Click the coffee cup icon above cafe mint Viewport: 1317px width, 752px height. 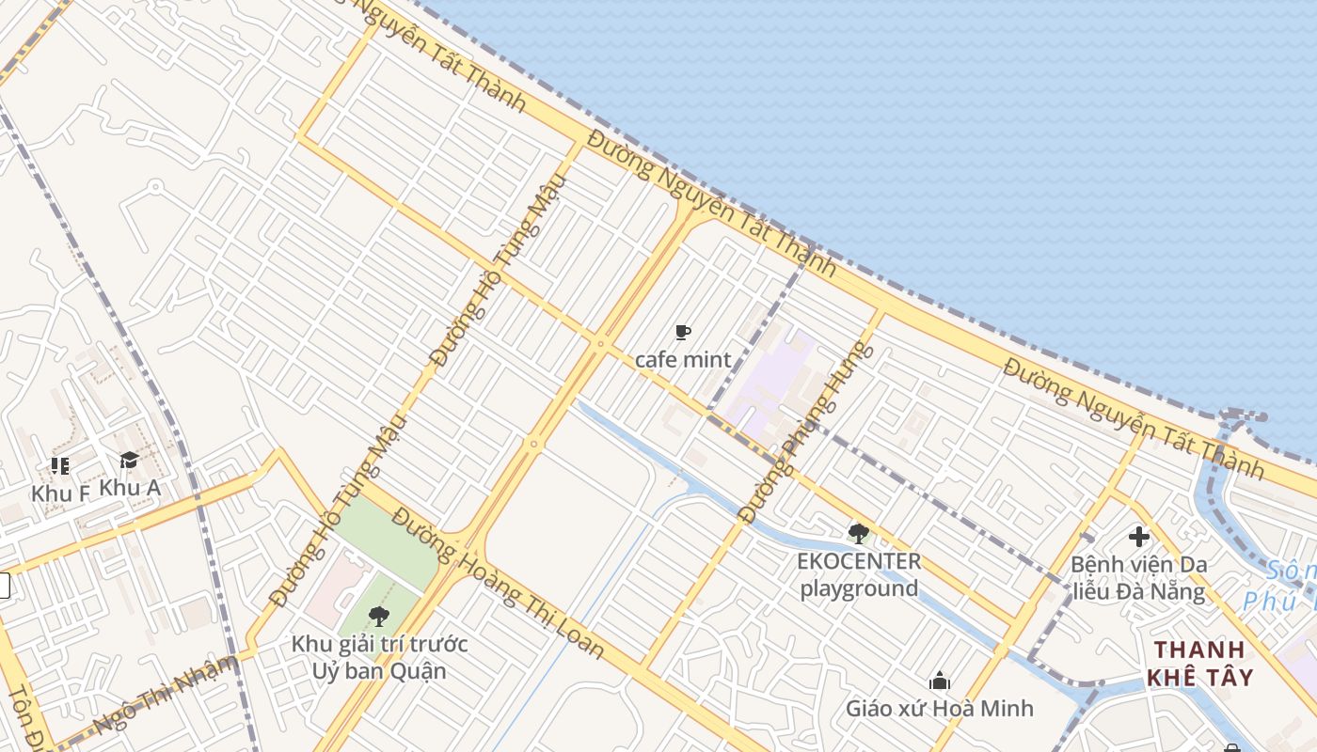pyautogui.click(x=683, y=332)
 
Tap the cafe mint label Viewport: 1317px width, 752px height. pyautogui.click(x=683, y=359)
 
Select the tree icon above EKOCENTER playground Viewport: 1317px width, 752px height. pyautogui.click(x=858, y=534)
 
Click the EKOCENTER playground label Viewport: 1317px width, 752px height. pyautogui.click(x=858, y=575)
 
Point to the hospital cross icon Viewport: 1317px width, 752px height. pyautogui.click(x=1138, y=537)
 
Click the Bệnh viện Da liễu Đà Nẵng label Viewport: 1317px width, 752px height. pyautogui.click(x=1138, y=578)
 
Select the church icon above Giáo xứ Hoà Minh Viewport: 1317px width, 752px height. pyautogui.click(x=939, y=681)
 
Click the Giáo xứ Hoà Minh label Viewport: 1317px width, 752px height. pyautogui.click(x=939, y=708)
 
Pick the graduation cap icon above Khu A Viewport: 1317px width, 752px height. pyautogui.click(x=129, y=460)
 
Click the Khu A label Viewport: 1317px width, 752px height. pyautogui.click(x=130, y=488)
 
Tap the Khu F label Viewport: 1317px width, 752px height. pyautogui.click(x=60, y=493)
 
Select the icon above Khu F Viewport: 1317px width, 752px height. pyautogui.click(x=60, y=465)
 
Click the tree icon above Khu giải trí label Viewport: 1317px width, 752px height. pyautogui.click(x=378, y=617)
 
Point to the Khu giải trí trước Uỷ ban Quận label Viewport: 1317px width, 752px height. pyautogui.click(x=379, y=658)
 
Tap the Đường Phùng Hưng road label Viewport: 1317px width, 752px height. pyautogui.click(x=807, y=432)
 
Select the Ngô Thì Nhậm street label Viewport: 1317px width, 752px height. pyautogui.click(x=166, y=694)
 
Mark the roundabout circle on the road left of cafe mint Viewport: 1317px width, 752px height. pyautogui.click(x=601, y=344)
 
